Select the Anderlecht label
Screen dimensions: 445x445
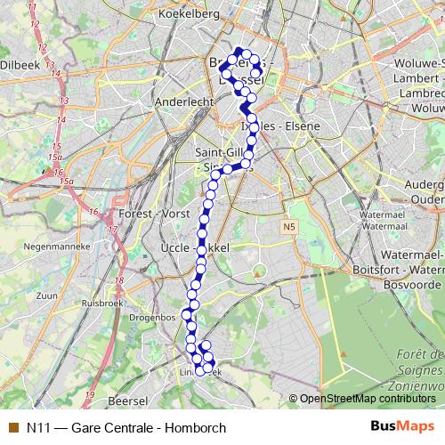click(184, 102)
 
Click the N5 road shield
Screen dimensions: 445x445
click(288, 227)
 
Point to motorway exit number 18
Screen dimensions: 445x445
click(118, 281)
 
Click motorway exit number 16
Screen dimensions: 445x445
click(93, 212)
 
